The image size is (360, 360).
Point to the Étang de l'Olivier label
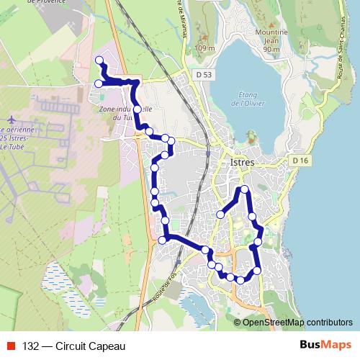[249, 99]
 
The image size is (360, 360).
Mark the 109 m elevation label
[204, 48]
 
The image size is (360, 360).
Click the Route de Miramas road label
[177, 18]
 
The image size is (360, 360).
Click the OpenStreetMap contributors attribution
[297, 322]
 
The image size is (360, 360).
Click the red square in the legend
[12, 346]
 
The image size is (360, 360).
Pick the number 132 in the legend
[30, 346]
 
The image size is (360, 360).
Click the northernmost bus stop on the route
[99, 60]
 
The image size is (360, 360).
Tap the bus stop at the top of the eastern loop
[245, 189]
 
